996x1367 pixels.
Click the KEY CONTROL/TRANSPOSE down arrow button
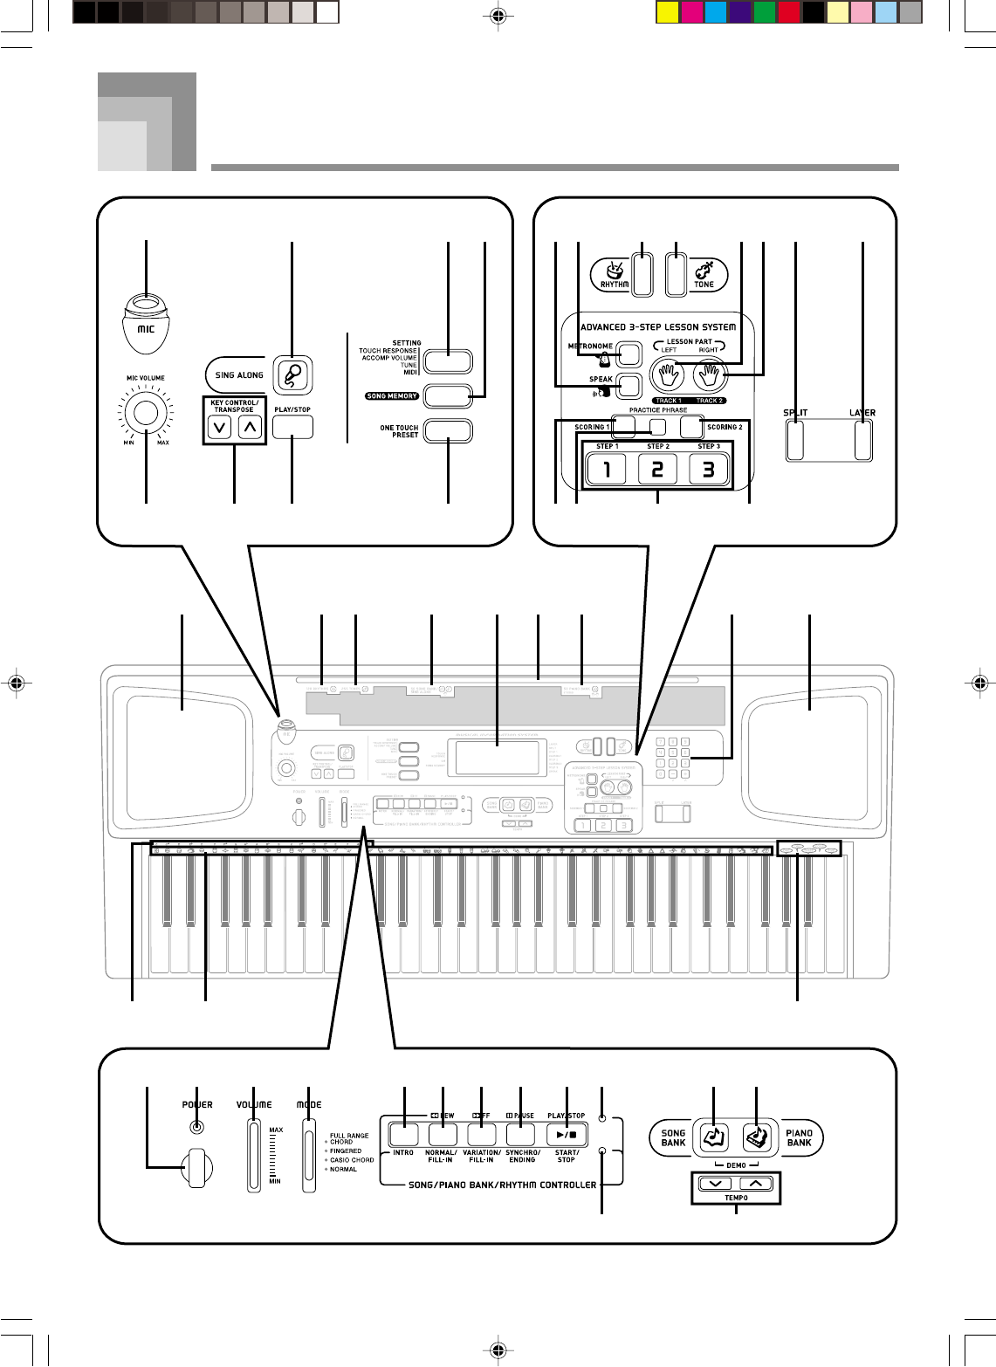click(x=220, y=428)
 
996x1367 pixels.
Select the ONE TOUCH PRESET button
click(x=448, y=431)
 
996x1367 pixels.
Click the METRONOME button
click(x=629, y=354)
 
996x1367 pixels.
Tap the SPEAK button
click(x=629, y=384)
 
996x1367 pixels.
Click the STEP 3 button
click(x=708, y=470)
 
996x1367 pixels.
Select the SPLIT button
click(x=794, y=440)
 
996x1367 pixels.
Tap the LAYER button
click(x=862, y=440)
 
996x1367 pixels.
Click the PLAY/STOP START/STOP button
click(x=567, y=1135)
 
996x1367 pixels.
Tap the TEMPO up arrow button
click(x=756, y=1184)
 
